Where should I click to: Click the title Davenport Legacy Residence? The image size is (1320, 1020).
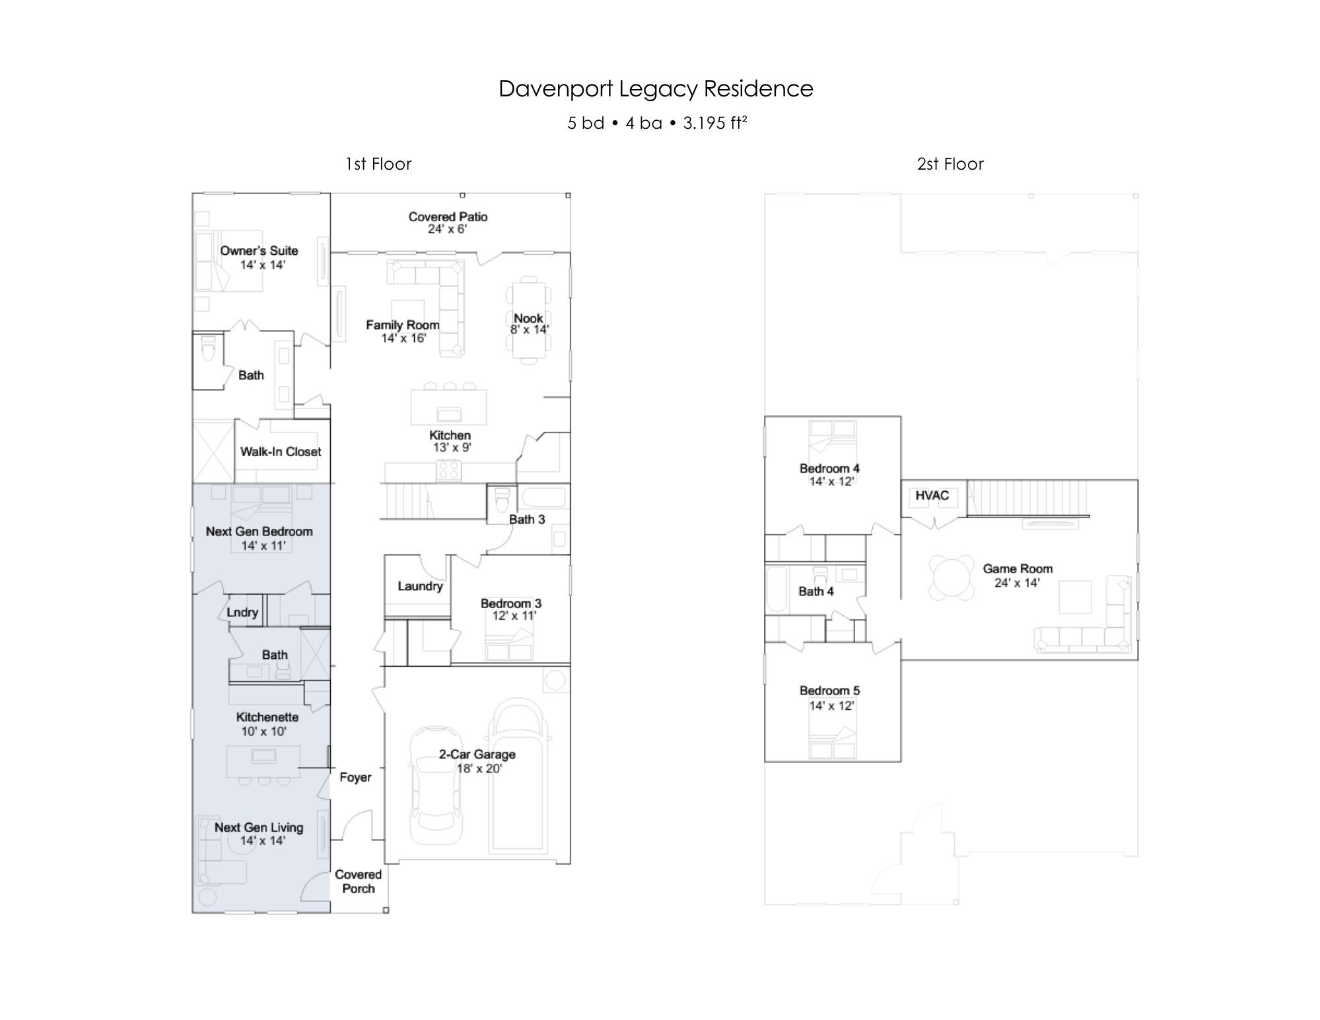656,89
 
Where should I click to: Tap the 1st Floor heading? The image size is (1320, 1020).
378,164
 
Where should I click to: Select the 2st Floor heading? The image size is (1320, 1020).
950,164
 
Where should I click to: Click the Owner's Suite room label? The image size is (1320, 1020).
259,251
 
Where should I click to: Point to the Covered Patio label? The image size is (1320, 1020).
448,217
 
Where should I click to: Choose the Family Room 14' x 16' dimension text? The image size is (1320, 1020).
403,339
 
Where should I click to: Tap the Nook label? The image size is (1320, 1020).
528,318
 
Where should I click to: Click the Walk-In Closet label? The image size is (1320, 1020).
281,452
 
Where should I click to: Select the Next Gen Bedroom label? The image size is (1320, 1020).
259,531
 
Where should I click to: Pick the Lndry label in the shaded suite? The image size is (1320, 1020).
242,612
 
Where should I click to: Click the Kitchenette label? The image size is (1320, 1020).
267,717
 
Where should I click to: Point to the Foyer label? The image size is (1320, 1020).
355,777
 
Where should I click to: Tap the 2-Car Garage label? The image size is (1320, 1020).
477,754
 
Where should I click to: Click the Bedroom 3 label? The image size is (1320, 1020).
511,603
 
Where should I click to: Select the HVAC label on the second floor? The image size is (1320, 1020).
932,495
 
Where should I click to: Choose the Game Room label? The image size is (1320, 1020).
1018,568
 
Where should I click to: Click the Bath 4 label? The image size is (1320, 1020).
816,592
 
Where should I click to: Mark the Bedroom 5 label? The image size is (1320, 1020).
829,691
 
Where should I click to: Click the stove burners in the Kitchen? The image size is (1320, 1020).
449,469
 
